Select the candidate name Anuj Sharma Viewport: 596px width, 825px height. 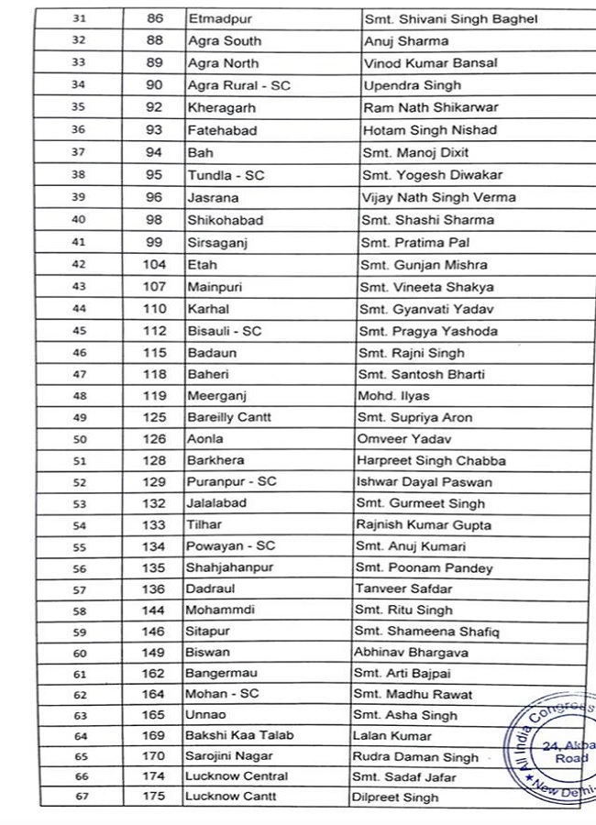pos(405,41)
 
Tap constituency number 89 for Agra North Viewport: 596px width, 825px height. pos(154,63)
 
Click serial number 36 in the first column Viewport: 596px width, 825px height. pos(79,130)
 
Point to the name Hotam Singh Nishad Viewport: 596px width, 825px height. pos(429,130)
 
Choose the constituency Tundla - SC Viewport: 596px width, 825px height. pos(226,175)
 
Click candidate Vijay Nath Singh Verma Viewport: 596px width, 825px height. pos(438,197)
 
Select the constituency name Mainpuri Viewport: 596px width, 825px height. pos(215,287)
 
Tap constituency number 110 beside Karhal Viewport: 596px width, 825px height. pos(154,309)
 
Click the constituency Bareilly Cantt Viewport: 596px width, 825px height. pos(228,418)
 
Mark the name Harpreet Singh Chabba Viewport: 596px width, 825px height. pos(431,460)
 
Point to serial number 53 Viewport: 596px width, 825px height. pos(80,503)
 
